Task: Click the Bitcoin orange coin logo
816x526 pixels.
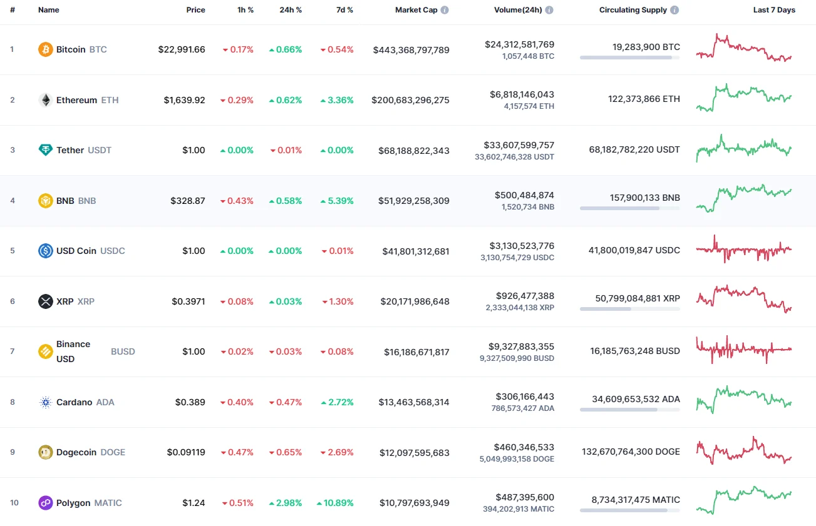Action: point(46,49)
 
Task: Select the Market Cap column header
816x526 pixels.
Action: point(416,10)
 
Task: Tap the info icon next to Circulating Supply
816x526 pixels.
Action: point(674,10)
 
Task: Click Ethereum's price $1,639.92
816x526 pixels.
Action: point(184,100)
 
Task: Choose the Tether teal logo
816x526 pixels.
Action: point(46,150)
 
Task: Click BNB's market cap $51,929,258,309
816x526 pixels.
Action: point(413,201)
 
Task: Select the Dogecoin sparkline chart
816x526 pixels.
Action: point(744,452)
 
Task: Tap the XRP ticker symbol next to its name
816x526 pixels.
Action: point(86,301)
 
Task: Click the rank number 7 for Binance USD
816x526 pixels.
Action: point(12,352)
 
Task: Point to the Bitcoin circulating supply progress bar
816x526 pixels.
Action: point(629,58)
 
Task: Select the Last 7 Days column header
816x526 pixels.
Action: point(773,10)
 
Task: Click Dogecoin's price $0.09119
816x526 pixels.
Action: point(186,452)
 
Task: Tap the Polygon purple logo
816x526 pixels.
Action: point(46,503)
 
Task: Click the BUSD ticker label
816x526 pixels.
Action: point(123,352)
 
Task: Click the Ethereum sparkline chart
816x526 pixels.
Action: point(744,98)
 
